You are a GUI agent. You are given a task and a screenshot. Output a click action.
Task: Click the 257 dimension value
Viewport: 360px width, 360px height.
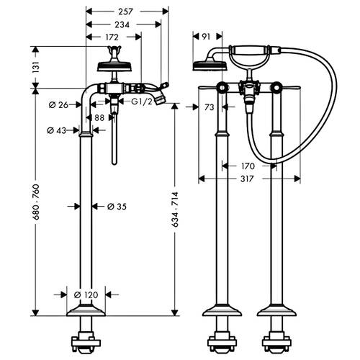pos(125,12)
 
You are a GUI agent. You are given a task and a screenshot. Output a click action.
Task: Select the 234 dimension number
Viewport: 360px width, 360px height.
pos(122,24)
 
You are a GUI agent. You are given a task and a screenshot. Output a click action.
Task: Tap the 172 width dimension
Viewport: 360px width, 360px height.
pos(112,37)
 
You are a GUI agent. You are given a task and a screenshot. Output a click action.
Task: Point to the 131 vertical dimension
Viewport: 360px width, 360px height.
pos(36,67)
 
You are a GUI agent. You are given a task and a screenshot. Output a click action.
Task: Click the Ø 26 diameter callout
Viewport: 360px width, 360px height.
pos(58,105)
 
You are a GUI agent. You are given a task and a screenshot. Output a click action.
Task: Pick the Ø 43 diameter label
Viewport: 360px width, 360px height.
pos(57,130)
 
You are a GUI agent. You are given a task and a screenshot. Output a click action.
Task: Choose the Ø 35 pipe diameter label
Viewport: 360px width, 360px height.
pos(117,207)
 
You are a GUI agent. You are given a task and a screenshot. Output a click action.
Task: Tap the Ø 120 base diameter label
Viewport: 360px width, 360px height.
pos(86,294)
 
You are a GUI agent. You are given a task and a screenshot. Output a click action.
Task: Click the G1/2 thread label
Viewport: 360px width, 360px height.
pos(142,102)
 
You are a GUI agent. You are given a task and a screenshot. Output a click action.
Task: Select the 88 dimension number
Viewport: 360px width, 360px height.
pos(99,118)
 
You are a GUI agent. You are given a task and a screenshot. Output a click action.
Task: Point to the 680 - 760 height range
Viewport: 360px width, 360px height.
pos(36,202)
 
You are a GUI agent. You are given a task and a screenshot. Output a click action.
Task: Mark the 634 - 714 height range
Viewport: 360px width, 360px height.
pos(175,210)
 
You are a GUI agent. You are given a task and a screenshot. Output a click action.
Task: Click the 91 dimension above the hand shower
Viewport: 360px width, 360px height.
pos(206,37)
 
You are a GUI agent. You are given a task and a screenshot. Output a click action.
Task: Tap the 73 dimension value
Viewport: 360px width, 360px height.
pos(210,107)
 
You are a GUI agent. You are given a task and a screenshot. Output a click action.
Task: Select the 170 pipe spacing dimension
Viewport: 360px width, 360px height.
pos(248,166)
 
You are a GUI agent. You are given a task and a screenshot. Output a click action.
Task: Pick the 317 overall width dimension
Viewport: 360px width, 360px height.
pos(247,179)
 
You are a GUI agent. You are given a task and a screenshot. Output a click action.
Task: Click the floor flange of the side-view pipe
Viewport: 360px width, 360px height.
pos(86,310)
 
